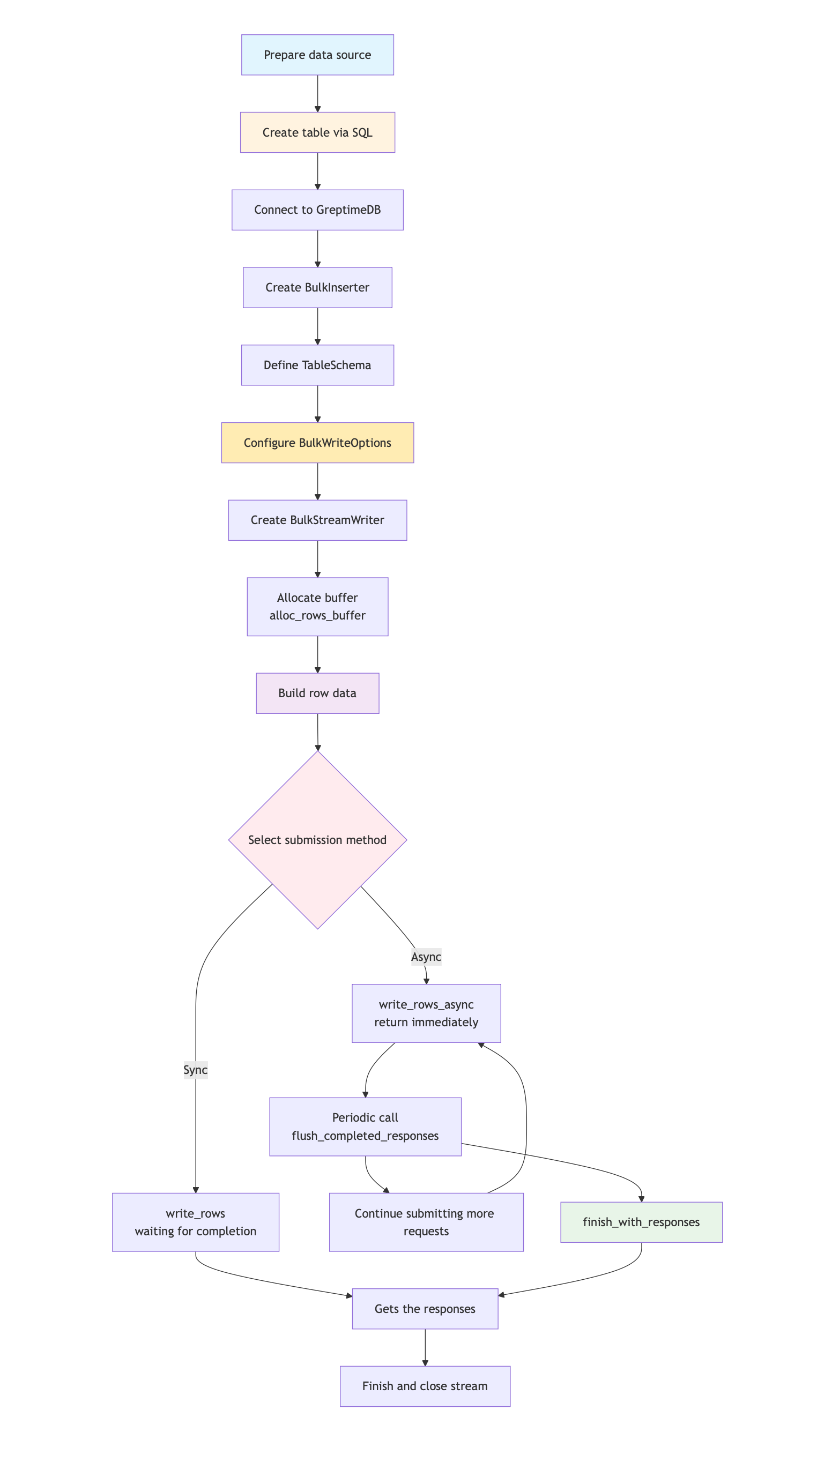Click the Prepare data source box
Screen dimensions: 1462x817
click(x=317, y=55)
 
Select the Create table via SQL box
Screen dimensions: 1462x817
click(x=317, y=132)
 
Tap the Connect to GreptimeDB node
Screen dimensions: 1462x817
click(x=317, y=210)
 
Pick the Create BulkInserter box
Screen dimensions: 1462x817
click(x=317, y=288)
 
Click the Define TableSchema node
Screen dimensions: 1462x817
click(x=317, y=365)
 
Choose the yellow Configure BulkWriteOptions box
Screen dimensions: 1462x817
click(x=317, y=443)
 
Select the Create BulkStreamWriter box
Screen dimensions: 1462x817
click(x=317, y=520)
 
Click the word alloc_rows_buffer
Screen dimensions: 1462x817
click(x=317, y=615)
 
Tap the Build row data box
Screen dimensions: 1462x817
click(x=317, y=693)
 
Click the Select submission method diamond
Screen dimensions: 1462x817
click(x=317, y=840)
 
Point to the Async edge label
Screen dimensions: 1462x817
click(x=426, y=957)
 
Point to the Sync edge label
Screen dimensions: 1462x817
click(x=195, y=1070)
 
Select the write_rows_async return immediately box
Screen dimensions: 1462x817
click(x=426, y=1013)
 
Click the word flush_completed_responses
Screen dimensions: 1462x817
click(x=365, y=1136)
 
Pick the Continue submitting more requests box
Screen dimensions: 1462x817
click(x=426, y=1222)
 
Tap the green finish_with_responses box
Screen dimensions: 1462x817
click(x=641, y=1222)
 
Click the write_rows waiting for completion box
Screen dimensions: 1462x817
click(x=195, y=1222)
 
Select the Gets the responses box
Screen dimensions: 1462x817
click(x=425, y=1309)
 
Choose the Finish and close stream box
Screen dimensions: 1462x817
click(x=425, y=1386)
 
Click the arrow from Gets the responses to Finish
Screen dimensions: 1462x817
click(x=425, y=1347)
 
